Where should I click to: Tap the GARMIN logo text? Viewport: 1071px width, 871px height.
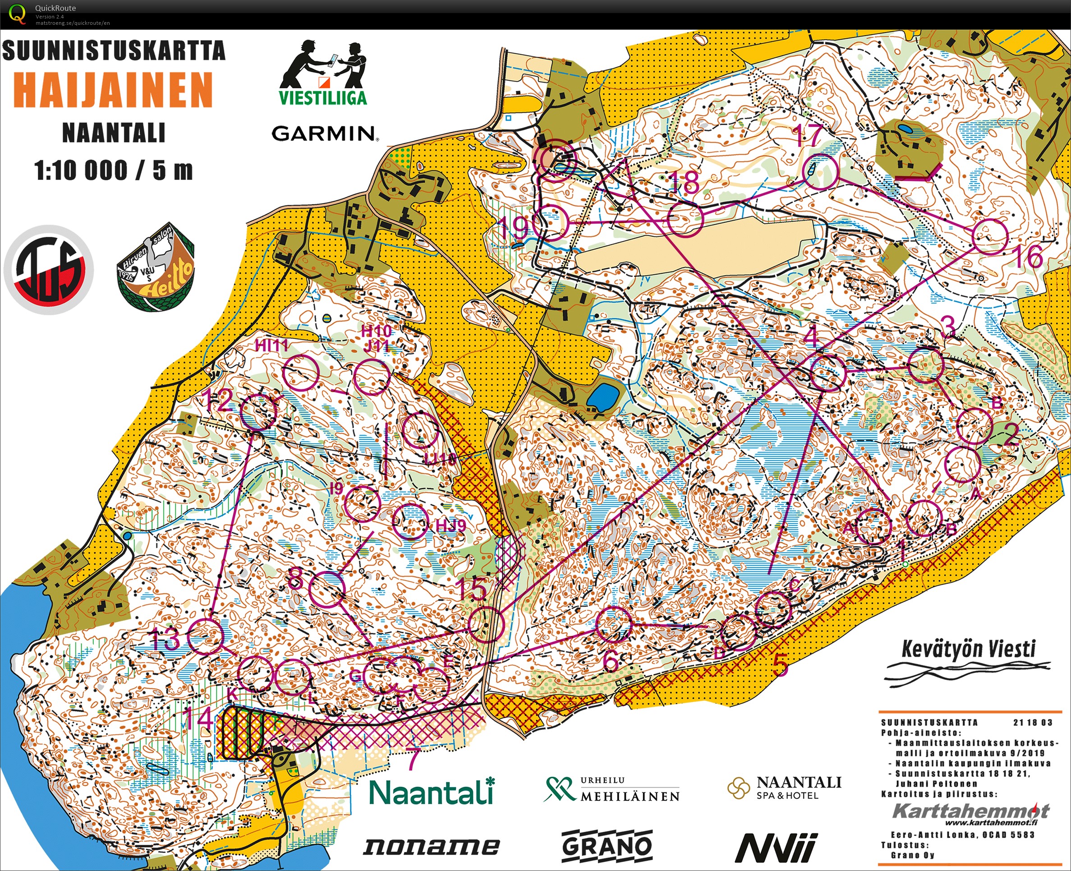[325, 134]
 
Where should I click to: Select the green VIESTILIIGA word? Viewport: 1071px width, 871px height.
[323, 97]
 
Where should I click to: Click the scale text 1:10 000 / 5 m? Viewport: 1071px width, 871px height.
[113, 171]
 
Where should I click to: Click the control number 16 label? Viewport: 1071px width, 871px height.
[1028, 257]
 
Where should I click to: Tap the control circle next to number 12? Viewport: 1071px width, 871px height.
[258, 411]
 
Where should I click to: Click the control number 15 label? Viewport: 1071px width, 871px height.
[472, 589]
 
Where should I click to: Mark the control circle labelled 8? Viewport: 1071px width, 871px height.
[327, 590]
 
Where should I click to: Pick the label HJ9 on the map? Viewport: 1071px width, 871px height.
[450, 526]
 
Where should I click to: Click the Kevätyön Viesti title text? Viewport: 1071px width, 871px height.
[968, 649]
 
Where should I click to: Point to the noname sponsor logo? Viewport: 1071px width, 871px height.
[431, 847]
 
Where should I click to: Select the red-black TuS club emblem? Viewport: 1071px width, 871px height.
[49, 270]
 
